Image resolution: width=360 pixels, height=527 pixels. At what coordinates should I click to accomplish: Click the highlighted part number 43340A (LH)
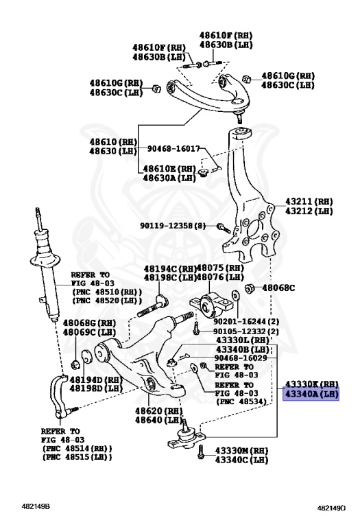311,395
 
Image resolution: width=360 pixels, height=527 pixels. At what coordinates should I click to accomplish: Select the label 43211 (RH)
310,202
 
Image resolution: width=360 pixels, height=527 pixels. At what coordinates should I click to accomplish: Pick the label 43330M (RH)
241,450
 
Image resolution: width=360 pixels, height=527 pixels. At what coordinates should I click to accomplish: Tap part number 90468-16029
240,358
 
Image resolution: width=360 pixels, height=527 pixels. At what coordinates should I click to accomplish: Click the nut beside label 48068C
250,288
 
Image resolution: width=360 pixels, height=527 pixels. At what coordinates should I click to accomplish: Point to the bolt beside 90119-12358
222,226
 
